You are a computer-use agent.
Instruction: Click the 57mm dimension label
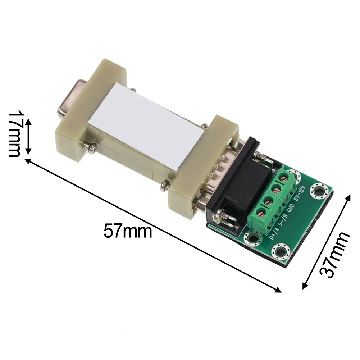(x=128, y=231)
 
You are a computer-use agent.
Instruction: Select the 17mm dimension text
(x=14, y=133)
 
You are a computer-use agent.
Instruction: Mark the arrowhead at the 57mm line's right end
(x=278, y=290)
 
